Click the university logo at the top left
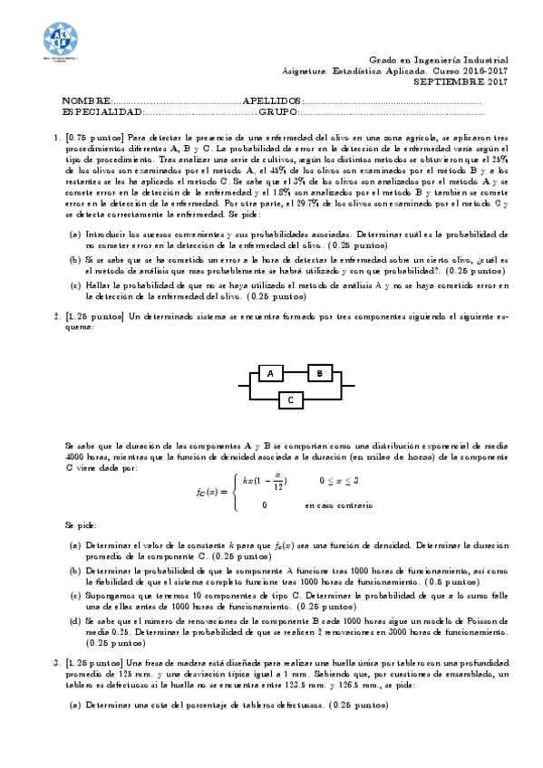(61, 39)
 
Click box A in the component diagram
(269, 373)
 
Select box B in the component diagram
(318, 373)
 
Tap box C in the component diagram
(290, 398)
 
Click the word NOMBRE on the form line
(86, 100)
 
